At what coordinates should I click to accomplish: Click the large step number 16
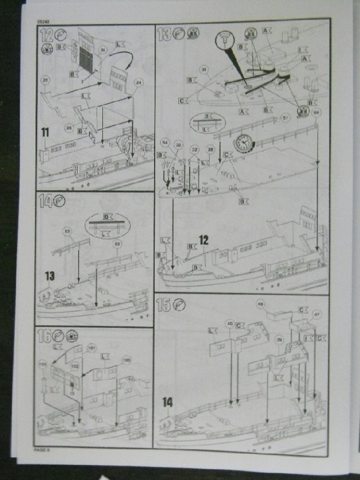44,337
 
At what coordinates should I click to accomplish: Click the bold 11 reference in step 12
44,133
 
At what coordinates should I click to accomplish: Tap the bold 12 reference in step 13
204,240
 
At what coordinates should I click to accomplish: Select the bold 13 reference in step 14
50,275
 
